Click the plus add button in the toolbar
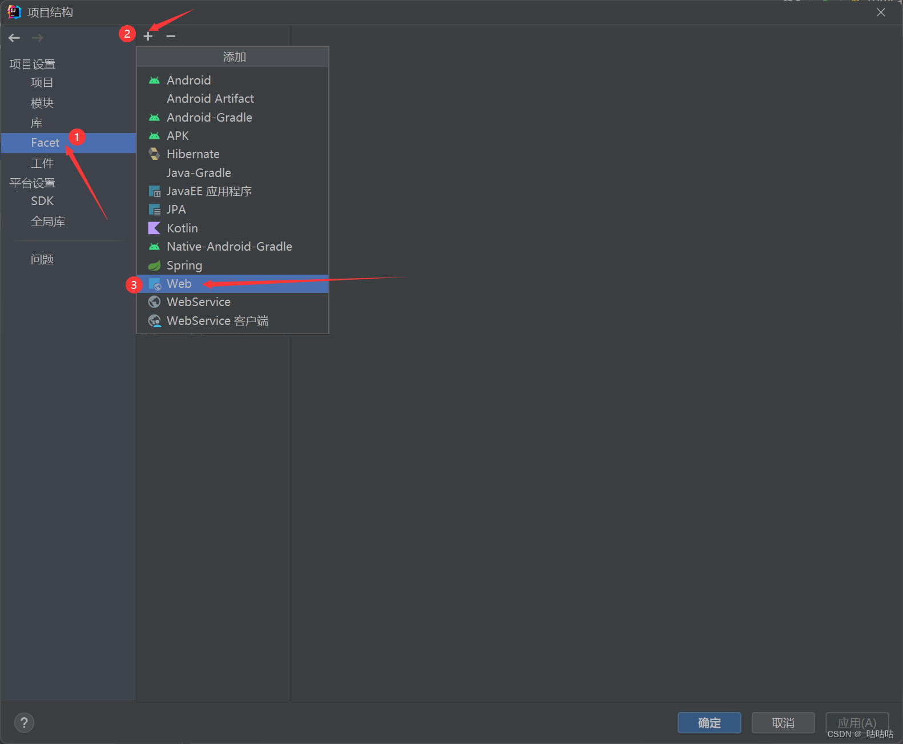coord(148,36)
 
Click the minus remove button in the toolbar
coord(171,36)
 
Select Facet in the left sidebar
coord(45,143)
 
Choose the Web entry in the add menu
coord(179,284)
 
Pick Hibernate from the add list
coord(193,154)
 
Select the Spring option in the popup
coord(184,266)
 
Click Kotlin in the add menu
coord(182,228)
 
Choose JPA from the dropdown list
coord(176,210)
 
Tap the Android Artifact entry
coord(210,99)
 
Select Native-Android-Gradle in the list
coord(229,247)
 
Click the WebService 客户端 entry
coord(217,321)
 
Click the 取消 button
coord(783,723)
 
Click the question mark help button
coord(24,723)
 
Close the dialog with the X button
coord(881,13)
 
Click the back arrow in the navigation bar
coord(14,38)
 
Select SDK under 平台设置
coord(42,201)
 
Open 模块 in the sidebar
coord(42,103)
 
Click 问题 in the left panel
coord(42,260)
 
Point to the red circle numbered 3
coord(134,284)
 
